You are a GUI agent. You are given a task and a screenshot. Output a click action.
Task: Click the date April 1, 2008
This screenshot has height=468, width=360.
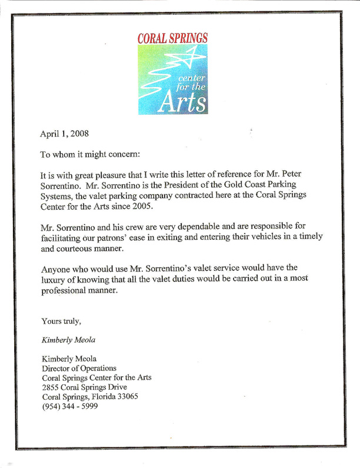(64, 134)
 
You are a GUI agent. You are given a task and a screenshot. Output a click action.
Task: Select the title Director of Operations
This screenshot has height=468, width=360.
(78, 368)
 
